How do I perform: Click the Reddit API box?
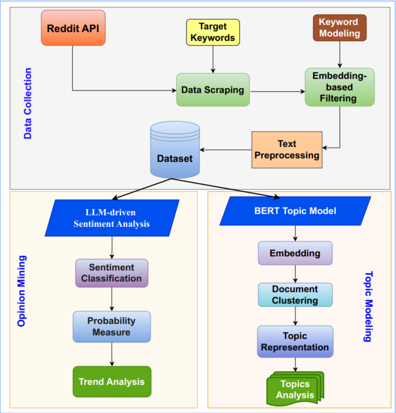pyautogui.click(x=73, y=28)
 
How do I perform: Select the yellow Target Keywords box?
pyautogui.click(x=213, y=32)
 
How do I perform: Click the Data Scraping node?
pyautogui.click(x=213, y=89)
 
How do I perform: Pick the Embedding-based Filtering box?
pyautogui.click(x=340, y=87)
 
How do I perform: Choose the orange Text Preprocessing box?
pyautogui.click(x=287, y=150)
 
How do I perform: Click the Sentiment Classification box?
pyautogui.click(x=112, y=273)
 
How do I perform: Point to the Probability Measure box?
pyautogui.click(x=112, y=326)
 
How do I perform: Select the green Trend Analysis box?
pyautogui.click(x=112, y=382)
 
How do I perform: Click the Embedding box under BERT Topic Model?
pyautogui.click(x=295, y=253)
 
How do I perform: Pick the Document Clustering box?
pyautogui.click(x=295, y=295)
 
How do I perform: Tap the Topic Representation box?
pyautogui.click(x=295, y=342)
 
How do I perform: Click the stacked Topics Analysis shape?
pyautogui.click(x=295, y=389)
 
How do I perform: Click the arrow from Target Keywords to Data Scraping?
pyautogui.click(x=213, y=59)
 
